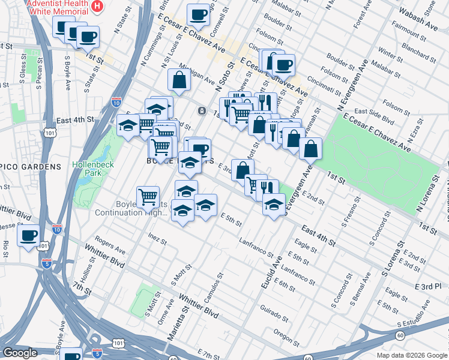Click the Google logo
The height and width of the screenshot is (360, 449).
20,353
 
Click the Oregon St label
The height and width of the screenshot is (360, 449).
286,333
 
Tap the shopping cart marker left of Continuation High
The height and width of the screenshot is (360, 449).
148,196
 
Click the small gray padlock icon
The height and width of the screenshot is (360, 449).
202,111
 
